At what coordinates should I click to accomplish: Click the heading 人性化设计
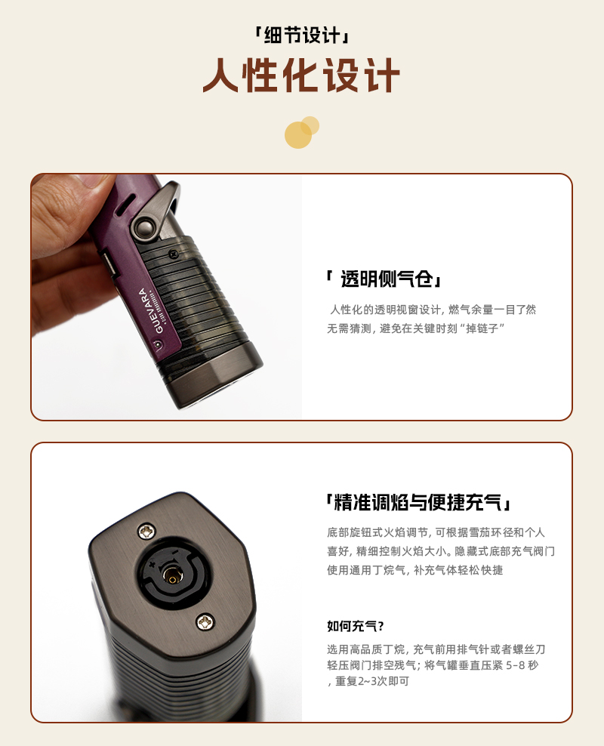coord(301,76)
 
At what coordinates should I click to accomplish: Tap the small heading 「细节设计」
coord(301,35)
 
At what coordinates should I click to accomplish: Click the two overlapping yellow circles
coord(301,132)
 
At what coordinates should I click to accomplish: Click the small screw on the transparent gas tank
coord(173,254)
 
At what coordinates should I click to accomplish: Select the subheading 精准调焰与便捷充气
coord(418,502)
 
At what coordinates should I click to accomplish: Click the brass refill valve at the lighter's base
coord(172,576)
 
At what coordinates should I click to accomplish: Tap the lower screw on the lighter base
coord(205,621)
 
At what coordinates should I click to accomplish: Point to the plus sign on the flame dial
coord(153,565)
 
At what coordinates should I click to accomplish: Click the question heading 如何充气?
coord(356,626)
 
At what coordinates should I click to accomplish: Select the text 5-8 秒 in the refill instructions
coord(522,665)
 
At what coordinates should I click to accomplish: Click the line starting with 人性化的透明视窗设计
coord(433,310)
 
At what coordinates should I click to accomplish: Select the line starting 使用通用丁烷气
coord(414,570)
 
